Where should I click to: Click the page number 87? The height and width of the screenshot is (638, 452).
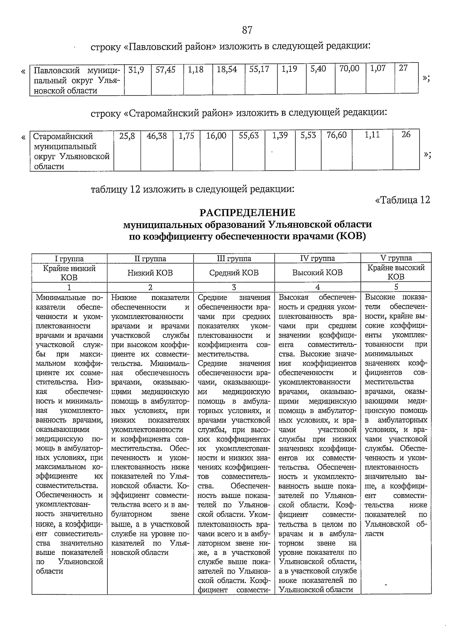[x=247, y=30]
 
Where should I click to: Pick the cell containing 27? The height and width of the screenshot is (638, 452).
[x=403, y=69]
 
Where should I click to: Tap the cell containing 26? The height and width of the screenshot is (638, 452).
[x=406, y=135]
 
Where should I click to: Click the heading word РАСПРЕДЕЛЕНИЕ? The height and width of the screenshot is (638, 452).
[x=247, y=213]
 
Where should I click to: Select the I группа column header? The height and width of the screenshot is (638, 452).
[x=69, y=258]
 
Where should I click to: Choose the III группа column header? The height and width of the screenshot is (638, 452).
[x=234, y=258]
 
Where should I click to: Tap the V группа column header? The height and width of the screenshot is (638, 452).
[x=396, y=258]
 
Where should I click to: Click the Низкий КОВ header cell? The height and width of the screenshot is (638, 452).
[x=150, y=273]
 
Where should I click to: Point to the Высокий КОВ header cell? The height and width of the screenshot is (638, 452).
[x=317, y=272]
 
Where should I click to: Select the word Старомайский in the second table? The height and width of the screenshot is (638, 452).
[x=63, y=137]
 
